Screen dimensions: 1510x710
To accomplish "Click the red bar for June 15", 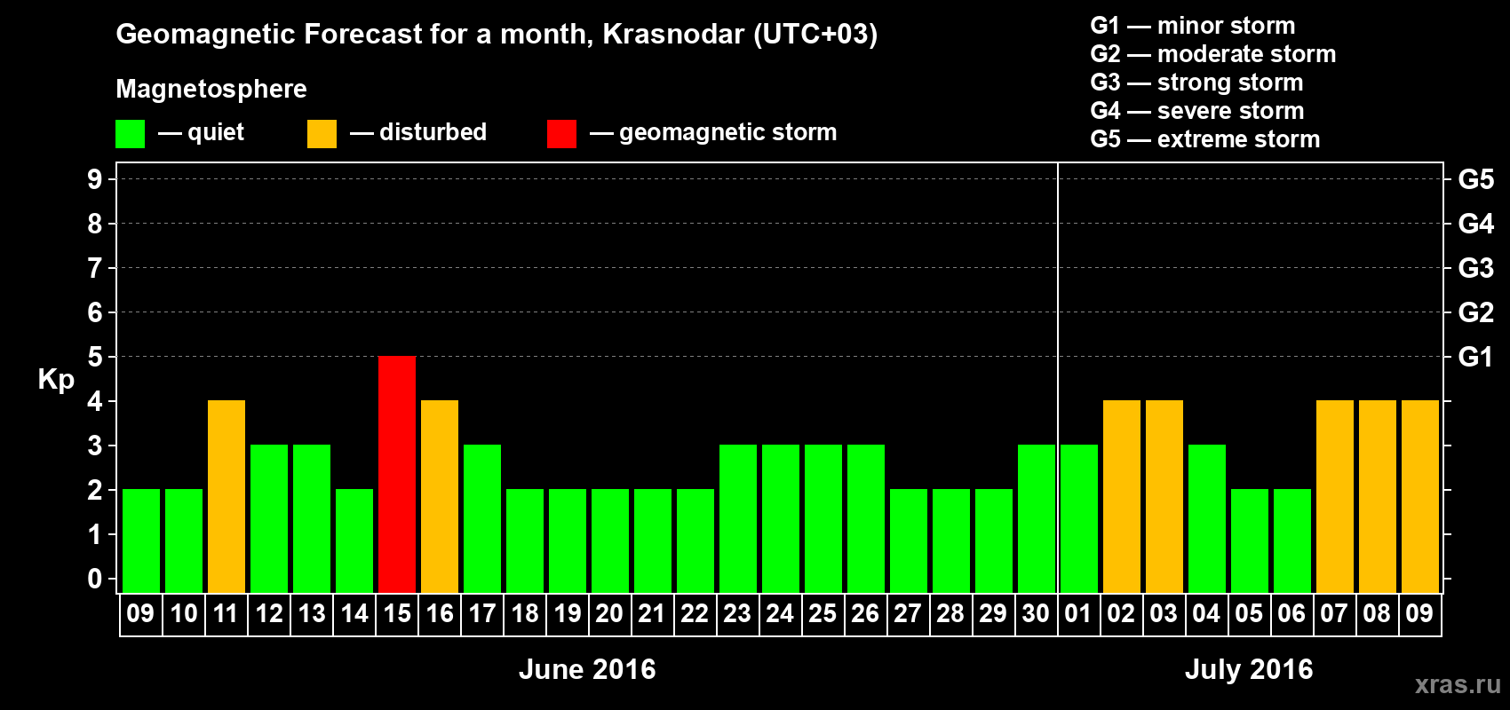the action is tap(397, 474).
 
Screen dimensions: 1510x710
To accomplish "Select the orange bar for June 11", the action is tap(226, 496).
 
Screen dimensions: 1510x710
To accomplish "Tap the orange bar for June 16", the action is tap(440, 496).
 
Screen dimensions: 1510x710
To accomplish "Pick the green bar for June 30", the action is tap(1037, 518).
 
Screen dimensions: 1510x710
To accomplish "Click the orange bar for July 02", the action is tap(1122, 496).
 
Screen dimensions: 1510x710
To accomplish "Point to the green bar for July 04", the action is tap(1206, 518).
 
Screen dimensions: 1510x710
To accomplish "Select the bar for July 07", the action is tap(1335, 496).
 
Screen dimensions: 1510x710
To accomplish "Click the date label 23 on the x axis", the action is tap(737, 613).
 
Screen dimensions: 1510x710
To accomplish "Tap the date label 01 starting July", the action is tap(1078, 613).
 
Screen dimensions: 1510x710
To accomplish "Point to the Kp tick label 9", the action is tap(94, 179).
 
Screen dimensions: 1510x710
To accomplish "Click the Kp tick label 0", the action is tap(94, 579).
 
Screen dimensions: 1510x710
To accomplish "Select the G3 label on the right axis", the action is tap(1476, 268).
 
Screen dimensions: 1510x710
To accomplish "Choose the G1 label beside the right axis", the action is tap(1476, 357).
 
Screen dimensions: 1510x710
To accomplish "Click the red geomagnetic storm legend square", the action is tap(562, 133).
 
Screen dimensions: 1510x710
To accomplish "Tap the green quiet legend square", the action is tap(130, 133).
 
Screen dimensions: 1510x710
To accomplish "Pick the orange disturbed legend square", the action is tap(322, 133).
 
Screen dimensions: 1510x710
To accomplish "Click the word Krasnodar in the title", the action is tap(673, 34).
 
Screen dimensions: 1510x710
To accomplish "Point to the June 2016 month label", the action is tap(587, 669).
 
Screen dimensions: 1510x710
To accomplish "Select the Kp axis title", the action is tap(56, 380).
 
